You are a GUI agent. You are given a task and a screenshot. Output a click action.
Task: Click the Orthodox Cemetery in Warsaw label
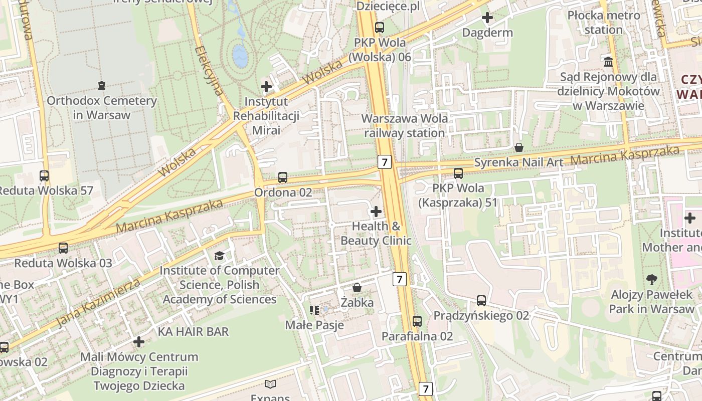tap(102, 108)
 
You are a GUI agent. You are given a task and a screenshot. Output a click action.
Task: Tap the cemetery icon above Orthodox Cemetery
tap(102, 86)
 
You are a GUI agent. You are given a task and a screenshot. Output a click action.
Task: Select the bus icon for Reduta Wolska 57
tap(44, 176)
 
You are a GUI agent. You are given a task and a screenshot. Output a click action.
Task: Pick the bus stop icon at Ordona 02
tap(283, 177)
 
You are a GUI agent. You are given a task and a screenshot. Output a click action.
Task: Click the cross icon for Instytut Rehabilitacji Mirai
tap(266, 87)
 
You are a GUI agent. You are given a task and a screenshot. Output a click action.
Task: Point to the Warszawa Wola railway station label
tap(405, 126)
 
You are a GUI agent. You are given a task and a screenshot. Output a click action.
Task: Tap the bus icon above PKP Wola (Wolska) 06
tap(380, 28)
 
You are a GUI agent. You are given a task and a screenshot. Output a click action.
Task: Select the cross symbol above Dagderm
tap(487, 18)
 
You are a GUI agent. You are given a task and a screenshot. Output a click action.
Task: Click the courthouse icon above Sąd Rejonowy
tap(609, 62)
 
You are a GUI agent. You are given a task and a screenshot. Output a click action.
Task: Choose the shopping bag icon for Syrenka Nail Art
tap(519, 147)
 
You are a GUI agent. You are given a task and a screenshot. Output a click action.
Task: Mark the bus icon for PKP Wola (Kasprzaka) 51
tap(458, 173)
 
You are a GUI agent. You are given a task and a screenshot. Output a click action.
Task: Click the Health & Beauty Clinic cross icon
tap(376, 212)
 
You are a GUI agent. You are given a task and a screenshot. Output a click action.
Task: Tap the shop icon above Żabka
tap(357, 288)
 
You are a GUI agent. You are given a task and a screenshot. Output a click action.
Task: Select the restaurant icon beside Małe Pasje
tap(314, 310)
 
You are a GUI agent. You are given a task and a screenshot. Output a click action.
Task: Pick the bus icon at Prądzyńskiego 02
tap(481, 301)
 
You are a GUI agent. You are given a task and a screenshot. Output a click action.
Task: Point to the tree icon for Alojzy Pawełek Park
tap(651, 280)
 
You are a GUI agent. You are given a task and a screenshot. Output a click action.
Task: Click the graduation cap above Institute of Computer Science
tap(219, 256)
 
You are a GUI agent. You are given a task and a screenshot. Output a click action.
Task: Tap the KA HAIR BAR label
tap(193, 331)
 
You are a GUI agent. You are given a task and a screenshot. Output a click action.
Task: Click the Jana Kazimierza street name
tap(98, 302)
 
